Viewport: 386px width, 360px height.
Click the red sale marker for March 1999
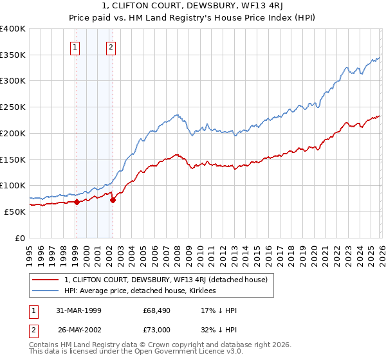77,202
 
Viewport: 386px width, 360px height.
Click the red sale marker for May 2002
113,200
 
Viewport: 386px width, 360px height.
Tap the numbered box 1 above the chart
76,46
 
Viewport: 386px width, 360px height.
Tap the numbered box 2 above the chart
111,46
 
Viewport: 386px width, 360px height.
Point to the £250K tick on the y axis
13,107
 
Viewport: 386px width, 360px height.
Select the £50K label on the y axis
14,212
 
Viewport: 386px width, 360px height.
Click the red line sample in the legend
46,280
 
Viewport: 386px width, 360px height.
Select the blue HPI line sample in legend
46,291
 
